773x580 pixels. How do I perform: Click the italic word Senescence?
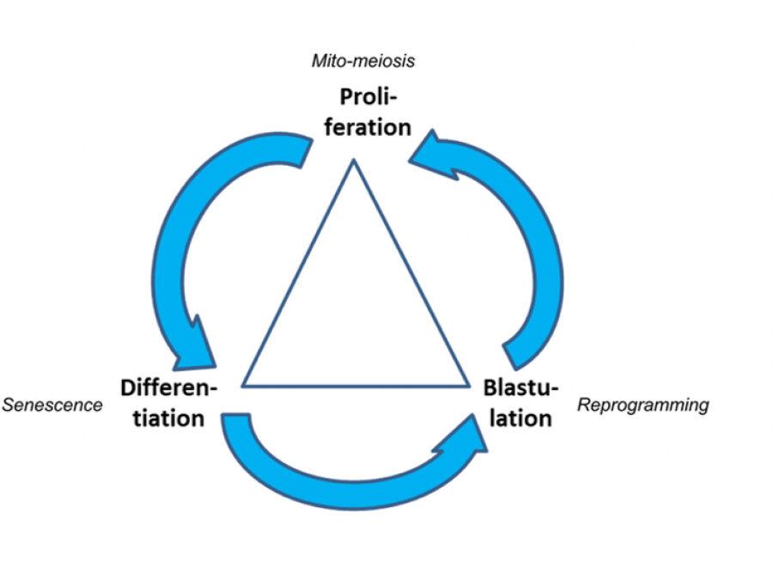(52, 404)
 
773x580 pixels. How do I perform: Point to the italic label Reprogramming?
(643, 404)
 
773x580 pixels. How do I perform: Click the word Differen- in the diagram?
(168, 387)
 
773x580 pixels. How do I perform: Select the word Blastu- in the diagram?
(521, 387)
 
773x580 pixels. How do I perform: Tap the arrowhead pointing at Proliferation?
(432, 155)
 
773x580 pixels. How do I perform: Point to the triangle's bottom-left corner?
(244, 385)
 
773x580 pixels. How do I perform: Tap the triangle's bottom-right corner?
(467, 385)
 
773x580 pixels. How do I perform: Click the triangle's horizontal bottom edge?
(356, 385)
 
